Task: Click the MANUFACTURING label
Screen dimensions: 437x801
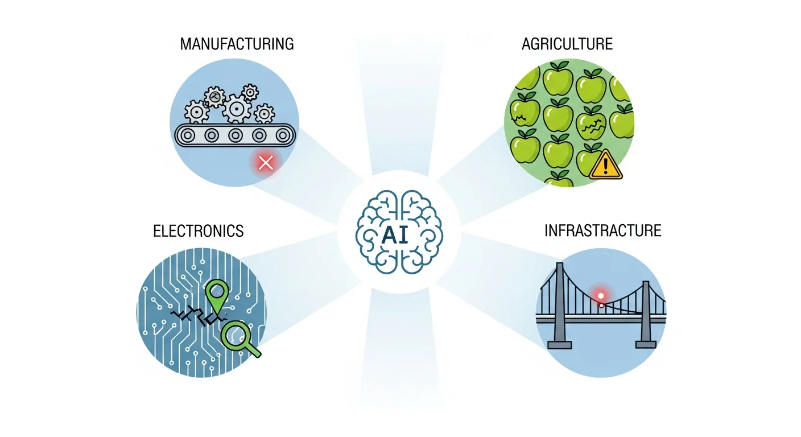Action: coord(237,44)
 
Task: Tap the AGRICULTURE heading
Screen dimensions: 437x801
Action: coord(567,44)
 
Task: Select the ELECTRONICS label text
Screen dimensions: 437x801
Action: coord(199,230)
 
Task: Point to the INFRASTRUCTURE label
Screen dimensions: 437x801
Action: coord(603,230)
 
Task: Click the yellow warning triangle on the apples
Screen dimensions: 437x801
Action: coord(606,167)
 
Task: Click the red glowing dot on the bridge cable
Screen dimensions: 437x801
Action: coord(601,296)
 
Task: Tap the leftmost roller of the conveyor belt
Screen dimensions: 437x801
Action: coord(187,135)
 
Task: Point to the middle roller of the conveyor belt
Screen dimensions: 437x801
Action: coord(234,135)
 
